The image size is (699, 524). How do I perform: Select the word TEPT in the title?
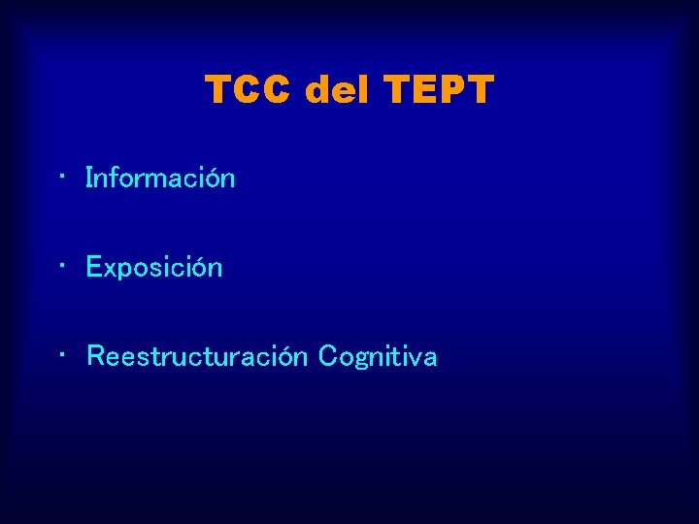[x=440, y=91]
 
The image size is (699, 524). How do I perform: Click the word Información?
[x=160, y=179]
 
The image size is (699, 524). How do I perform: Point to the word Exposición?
[x=154, y=268]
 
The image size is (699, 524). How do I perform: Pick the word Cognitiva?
[x=378, y=357]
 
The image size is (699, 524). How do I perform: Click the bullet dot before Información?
[x=61, y=178]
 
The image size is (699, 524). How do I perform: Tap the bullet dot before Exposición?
[x=61, y=266]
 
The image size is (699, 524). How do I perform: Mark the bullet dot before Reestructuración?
[x=61, y=355]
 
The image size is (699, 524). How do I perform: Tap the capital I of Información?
[x=89, y=179]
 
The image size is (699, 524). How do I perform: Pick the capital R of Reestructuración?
[x=95, y=357]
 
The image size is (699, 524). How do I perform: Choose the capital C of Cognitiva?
[x=327, y=357]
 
